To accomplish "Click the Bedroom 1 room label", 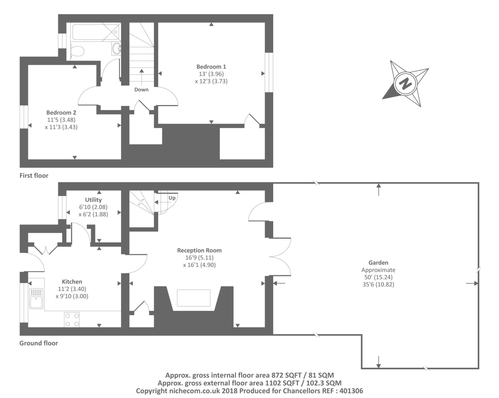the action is pos(211,67).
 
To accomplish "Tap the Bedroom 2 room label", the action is pos(61,113).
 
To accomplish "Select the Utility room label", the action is pos(93,200).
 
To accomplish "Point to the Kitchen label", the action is pos(72,282).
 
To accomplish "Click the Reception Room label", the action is pos(199,250).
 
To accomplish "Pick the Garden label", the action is pos(378,263).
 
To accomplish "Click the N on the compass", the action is pos(405,83).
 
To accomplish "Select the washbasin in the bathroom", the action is pos(116,48).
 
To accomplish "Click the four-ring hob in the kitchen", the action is pos(72,320).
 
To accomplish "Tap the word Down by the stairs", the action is pos(141,90).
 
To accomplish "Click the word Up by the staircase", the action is pos(172,198).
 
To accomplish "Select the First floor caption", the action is pos(34,175).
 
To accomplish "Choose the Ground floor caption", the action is pos(38,343).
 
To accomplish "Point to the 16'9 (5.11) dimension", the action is pos(199,258).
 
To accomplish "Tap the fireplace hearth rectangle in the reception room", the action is pos(194,298).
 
